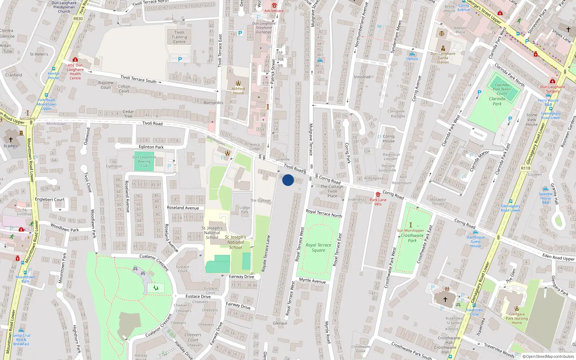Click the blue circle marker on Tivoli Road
point(288,180)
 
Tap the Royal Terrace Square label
point(318,248)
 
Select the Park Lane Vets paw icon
point(378,194)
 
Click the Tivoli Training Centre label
point(179,37)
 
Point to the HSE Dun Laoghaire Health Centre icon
point(75,59)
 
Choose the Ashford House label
point(238,91)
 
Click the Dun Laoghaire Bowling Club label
point(144,161)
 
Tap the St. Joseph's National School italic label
point(235,242)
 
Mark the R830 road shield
point(78,19)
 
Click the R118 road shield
point(526,168)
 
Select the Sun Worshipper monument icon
point(410,225)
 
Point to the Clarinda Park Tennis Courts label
point(502,89)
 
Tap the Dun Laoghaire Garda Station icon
point(443,48)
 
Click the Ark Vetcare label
point(274,11)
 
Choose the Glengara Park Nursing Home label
point(517,318)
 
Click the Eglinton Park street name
point(151,147)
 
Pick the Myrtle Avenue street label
point(312,281)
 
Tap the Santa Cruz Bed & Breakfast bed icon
point(21,330)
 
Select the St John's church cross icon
point(10,140)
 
